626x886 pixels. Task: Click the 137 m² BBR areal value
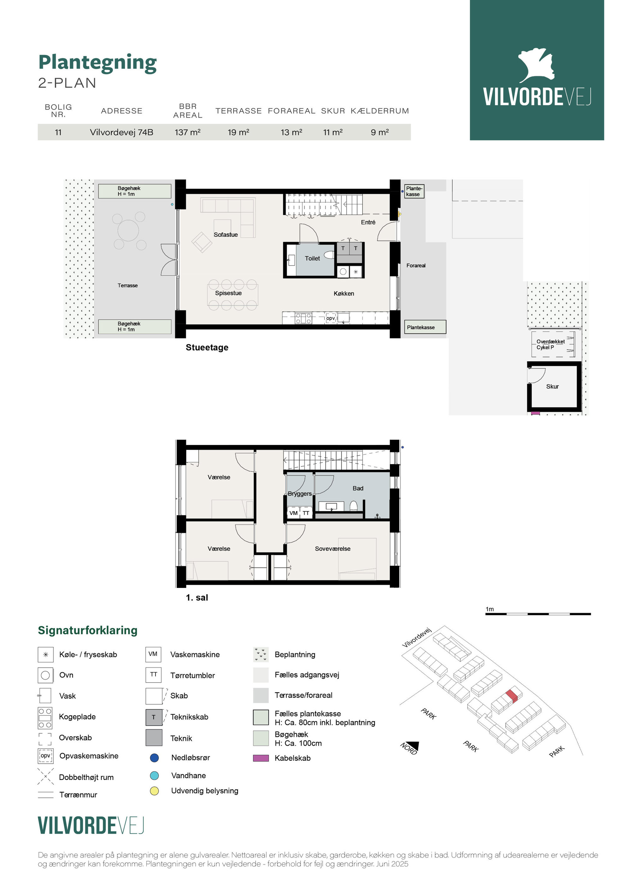tap(187, 132)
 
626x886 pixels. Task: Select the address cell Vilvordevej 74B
tap(121, 132)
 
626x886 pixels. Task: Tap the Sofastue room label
tap(226, 235)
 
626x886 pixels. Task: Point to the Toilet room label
tap(312, 259)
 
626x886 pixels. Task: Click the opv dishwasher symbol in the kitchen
tap(331, 318)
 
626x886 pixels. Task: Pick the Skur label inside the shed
tap(552, 386)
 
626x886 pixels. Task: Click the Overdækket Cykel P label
tap(550, 344)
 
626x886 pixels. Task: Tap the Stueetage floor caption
tap(207, 347)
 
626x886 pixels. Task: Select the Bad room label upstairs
tap(358, 488)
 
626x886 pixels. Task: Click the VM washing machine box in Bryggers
tap(293, 513)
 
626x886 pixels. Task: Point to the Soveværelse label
tap(333, 549)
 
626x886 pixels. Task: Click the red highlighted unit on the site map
tap(511, 696)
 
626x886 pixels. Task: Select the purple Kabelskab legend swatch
tap(261, 758)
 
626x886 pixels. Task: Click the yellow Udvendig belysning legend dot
tap(154, 791)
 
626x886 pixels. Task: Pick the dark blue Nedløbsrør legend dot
tap(154, 757)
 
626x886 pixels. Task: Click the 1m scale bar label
tap(489, 609)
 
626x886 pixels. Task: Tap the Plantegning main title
tap(97, 63)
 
